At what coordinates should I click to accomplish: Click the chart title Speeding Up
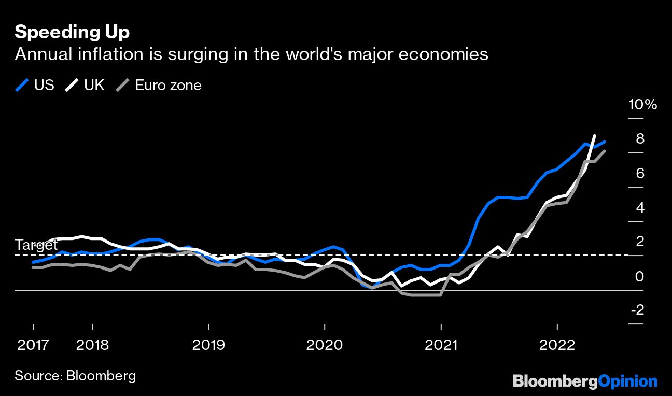[72, 32]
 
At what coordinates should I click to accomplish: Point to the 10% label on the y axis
[642, 105]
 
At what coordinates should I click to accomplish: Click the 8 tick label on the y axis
[640, 139]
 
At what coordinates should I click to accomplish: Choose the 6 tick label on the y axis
[640, 173]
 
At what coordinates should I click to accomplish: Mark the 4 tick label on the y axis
[640, 207]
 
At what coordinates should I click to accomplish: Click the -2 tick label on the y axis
[637, 310]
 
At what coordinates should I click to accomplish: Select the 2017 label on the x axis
[33, 345]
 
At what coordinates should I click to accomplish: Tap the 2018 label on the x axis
[92, 345]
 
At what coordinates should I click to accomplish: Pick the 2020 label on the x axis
[325, 345]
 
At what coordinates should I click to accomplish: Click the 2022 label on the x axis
[557, 345]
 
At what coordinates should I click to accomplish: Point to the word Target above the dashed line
[36, 245]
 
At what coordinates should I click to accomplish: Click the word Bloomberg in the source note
[101, 376]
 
